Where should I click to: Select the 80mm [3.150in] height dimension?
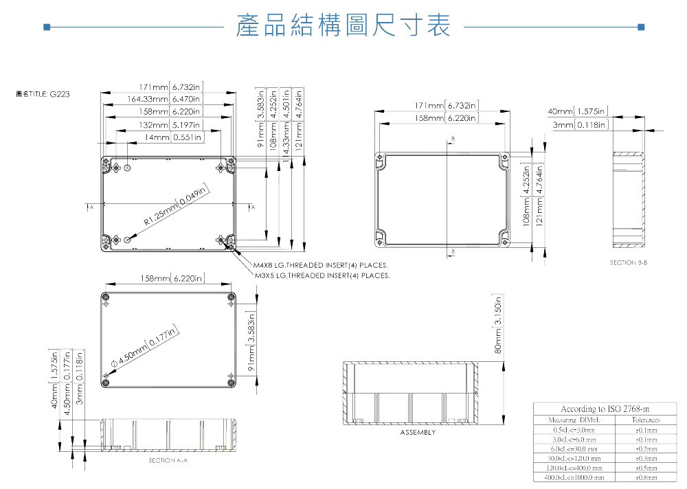coord(499,326)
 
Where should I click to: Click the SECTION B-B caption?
coord(629,262)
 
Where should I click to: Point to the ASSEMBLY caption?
coord(418,433)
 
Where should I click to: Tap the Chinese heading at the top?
coord(343,26)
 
